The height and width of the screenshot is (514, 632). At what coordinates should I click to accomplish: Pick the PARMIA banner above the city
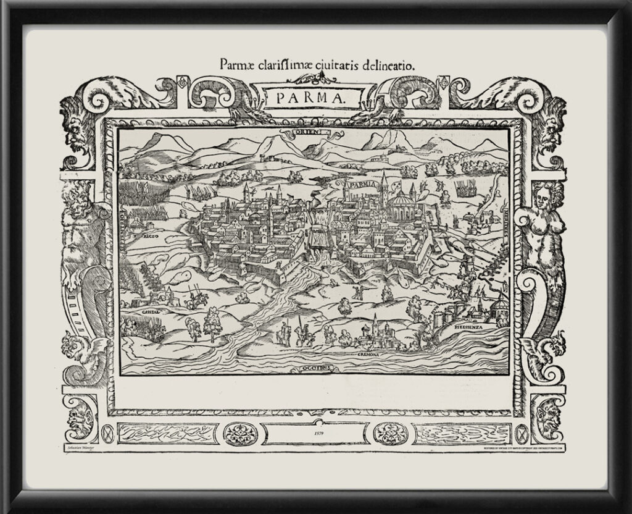coord(356,184)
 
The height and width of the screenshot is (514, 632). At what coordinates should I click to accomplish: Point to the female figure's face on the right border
coord(542,196)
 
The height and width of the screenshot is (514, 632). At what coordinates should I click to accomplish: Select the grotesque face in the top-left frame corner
coord(77,130)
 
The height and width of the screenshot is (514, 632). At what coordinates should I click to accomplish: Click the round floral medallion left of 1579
coord(239,434)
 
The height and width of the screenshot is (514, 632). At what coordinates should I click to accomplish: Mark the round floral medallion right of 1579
coord(390,434)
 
